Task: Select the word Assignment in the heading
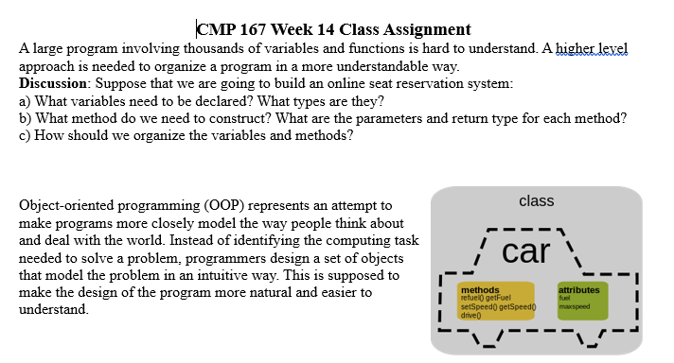pos(425,29)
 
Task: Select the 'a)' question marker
pos(26,101)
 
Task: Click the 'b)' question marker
pos(27,118)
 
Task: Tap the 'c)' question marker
pos(26,135)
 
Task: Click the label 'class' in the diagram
pos(537,201)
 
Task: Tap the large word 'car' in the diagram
pos(526,251)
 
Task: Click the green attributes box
pos(581,300)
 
